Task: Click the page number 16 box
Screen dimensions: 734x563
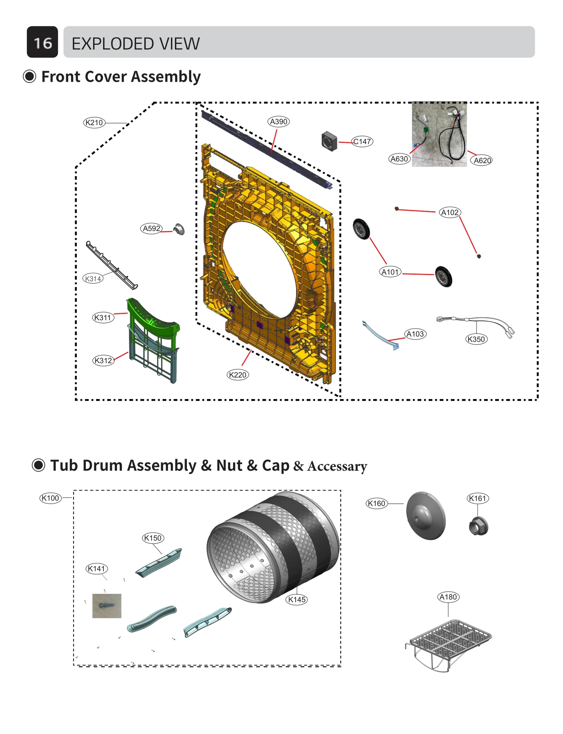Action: pyautogui.click(x=42, y=42)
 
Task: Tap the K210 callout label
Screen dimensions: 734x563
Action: pyautogui.click(x=94, y=123)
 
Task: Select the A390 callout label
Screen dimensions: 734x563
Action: pyautogui.click(x=278, y=122)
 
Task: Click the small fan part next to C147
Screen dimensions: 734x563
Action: pyautogui.click(x=329, y=141)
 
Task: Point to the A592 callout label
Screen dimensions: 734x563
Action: pyautogui.click(x=151, y=228)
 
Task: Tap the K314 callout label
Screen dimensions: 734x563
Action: pyautogui.click(x=93, y=279)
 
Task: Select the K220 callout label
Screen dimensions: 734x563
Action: pyautogui.click(x=238, y=375)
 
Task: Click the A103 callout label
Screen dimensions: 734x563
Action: pyautogui.click(x=415, y=334)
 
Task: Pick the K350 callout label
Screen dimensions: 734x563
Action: pyautogui.click(x=476, y=339)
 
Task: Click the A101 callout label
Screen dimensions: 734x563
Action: pyautogui.click(x=390, y=272)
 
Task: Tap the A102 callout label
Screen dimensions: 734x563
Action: pyautogui.click(x=450, y=212)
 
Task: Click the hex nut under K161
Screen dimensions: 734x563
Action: pyautogui.click(x=478, y=526)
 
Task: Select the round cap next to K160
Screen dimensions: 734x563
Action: pyautogui.click(x=426, y=516)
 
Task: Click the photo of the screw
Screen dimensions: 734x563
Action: pyautogui.click(x=107, y=606)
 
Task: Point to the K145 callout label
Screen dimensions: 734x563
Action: pyautogui.click(x=297, y=599)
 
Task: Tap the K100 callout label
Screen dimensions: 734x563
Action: pyautogui.click(x=50, y=498)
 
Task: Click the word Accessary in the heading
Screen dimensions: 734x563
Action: pyautogui.click(x=337, y=466)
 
